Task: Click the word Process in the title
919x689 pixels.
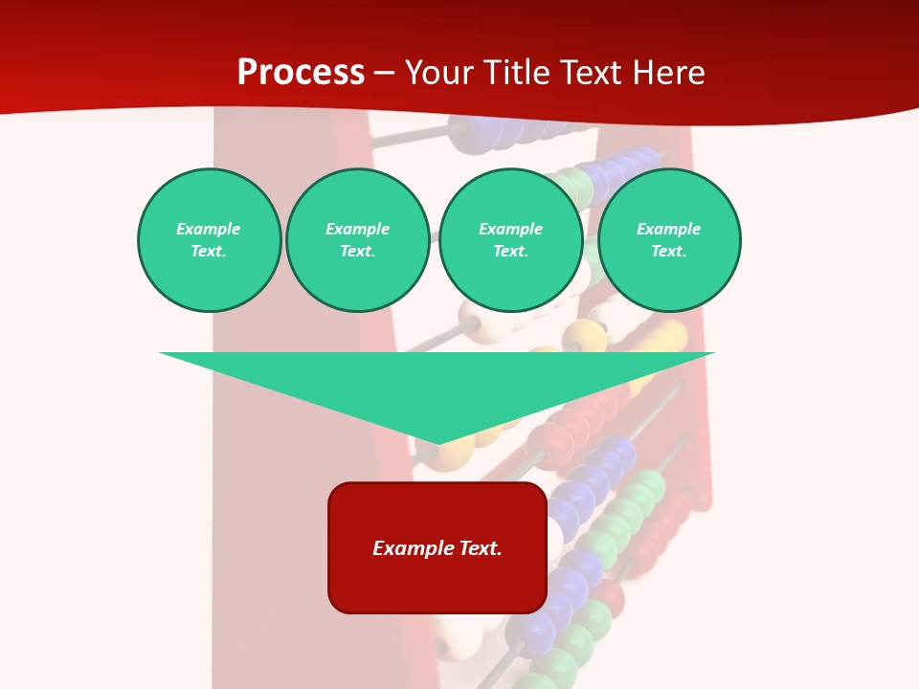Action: click(x=301, y=73)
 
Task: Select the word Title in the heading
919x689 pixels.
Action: click(x=519, y=73)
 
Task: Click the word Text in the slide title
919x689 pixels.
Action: click(x=593, y=73)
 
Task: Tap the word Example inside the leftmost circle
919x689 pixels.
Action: click(x=209, y=229)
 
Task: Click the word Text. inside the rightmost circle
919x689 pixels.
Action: click(x=669, y=252)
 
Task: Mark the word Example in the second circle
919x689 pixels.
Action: click(x=357, y=229)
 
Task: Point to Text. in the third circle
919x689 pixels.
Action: click(x=510, y=252)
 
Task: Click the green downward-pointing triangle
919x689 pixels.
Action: click(x=437, y=383)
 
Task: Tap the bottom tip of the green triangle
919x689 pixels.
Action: click(x=437, y=442)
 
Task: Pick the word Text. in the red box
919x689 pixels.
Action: click(x=482, y=548)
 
